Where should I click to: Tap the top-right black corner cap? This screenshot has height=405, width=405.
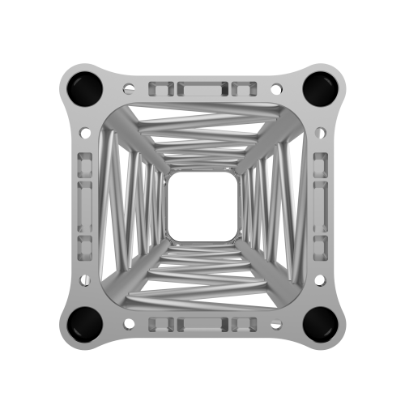[322, 87]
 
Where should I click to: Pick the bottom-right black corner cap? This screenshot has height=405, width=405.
[322, 322]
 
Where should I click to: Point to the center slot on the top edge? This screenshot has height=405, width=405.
[202, 87]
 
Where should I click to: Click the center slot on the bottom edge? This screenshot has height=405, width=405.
[202, 324]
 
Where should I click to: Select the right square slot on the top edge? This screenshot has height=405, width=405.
[245, 87]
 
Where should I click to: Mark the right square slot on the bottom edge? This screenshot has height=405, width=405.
[245, 324]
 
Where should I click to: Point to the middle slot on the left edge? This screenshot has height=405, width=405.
[83, 204]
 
